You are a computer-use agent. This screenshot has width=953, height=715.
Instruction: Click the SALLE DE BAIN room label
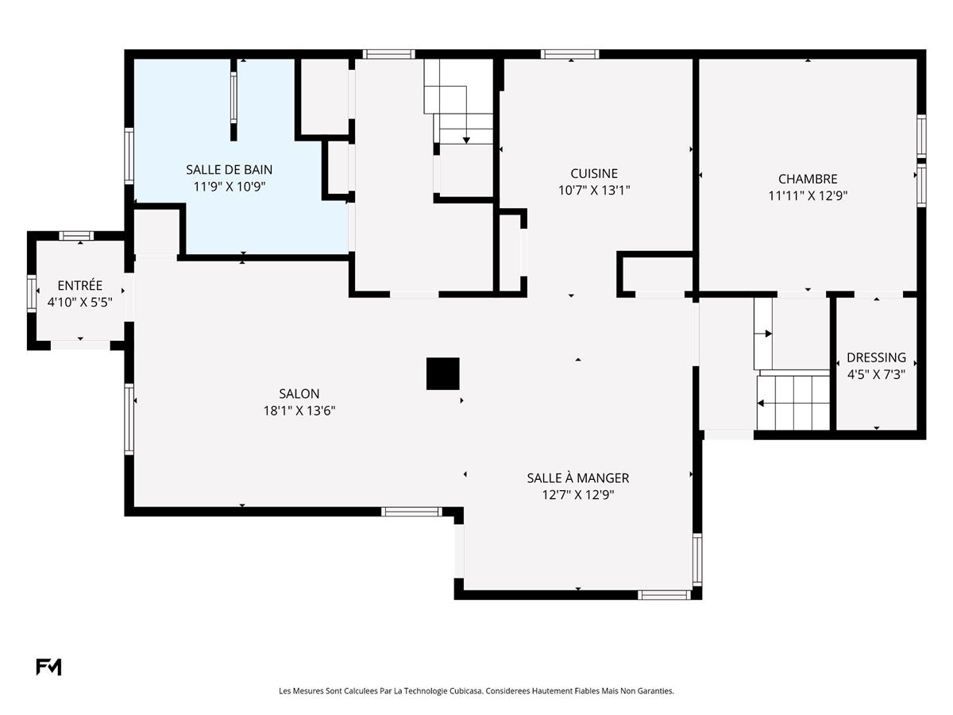(229, 169)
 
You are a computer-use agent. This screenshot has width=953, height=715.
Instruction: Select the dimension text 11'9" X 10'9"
(229, 186)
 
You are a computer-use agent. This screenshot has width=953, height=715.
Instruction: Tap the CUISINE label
(593, 173)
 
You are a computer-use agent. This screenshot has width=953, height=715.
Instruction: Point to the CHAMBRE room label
(807, 179)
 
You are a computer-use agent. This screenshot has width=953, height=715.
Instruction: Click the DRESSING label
(876, 357)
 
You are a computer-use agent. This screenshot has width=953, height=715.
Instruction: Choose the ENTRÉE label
(79, 285)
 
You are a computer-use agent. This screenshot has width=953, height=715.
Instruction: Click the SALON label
(299, 393)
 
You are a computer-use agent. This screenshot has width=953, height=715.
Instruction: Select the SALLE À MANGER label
(577, 477)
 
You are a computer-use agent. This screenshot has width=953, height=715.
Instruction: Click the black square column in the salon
(442, 373)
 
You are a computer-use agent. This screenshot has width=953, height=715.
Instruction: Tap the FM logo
(48, 667)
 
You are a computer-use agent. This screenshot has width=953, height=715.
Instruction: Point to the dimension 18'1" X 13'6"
(299, 411)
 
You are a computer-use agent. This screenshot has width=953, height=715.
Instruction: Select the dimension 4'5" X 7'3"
(876, 374)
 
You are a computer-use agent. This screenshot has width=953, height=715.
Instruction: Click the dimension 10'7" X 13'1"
(593, 190)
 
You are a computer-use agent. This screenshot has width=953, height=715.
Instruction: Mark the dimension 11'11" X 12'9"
(807, 195)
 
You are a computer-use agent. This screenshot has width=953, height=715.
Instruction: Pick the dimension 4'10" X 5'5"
(79, 302)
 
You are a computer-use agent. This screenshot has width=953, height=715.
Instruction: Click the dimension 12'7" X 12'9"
(577, 494)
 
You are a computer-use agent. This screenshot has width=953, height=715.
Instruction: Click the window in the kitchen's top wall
(569, 54)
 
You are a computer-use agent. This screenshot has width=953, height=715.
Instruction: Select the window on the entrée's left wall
(32, 292)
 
